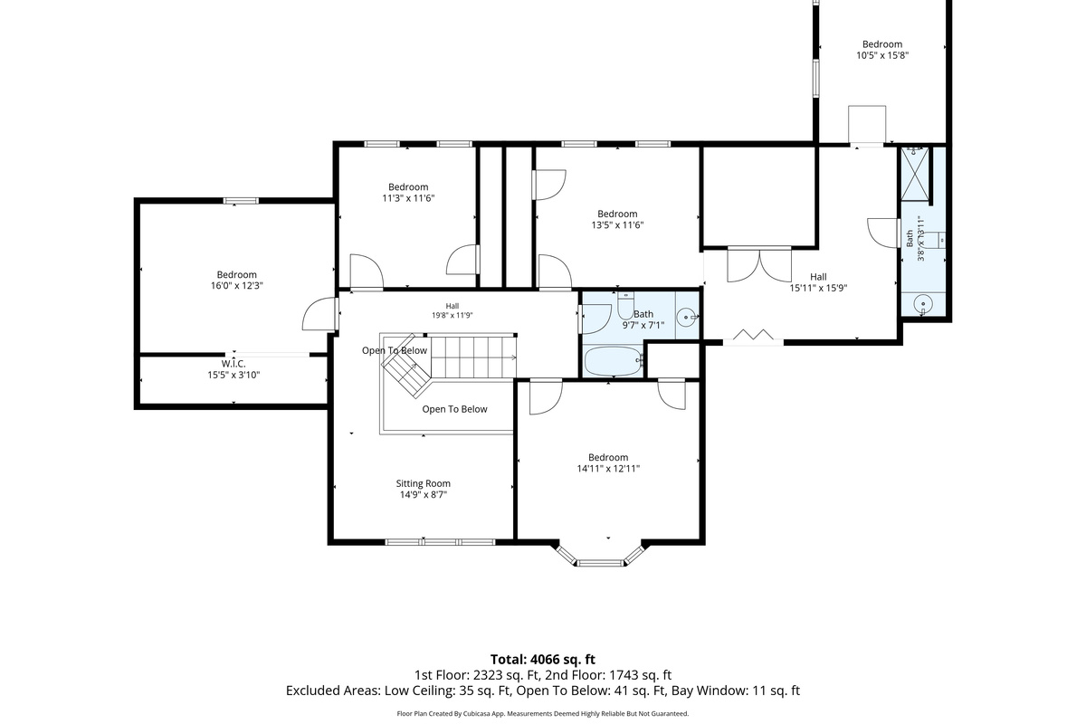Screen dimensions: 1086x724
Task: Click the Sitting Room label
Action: (423, 483)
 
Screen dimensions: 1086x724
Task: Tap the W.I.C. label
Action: (233, 364)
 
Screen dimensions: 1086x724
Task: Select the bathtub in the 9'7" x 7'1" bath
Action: (614, 361)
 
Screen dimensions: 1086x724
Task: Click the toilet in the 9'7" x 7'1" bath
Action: (625, 305)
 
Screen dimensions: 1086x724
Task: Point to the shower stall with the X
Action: (915, 174)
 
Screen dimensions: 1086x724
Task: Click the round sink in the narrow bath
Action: (923, 304)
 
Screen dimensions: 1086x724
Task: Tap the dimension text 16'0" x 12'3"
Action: (236, 286)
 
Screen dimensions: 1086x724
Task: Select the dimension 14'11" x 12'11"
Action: (608, 469)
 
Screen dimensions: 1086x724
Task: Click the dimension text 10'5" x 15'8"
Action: (881, 55)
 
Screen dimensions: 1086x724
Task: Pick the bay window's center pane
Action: (600, 563)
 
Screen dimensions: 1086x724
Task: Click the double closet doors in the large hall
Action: (759, 264)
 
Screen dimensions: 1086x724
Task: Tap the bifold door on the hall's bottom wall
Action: (753, 337)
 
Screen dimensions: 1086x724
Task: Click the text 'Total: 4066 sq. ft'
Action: (542, 660)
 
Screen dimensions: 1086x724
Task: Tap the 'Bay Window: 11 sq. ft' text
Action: (736, 691)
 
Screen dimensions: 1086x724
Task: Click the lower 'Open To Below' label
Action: (454, 409)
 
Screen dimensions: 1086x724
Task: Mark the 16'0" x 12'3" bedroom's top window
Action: (241, 201)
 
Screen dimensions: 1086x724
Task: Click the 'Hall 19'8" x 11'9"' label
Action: (452, 310)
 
